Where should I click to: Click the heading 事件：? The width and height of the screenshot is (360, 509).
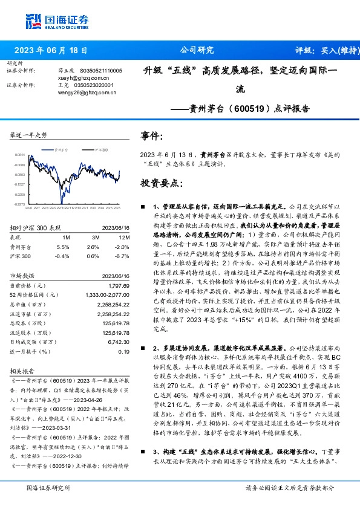pyautogui.click(x=151, y=137)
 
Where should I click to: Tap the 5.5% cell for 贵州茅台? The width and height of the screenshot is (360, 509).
pyautogui.click(x=63, y=247)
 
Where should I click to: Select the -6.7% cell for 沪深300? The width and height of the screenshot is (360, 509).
pyautogui.click(x=122, y=256)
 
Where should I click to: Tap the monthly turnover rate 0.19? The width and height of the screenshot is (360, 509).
pyautogui.click(x=123, y=351)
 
